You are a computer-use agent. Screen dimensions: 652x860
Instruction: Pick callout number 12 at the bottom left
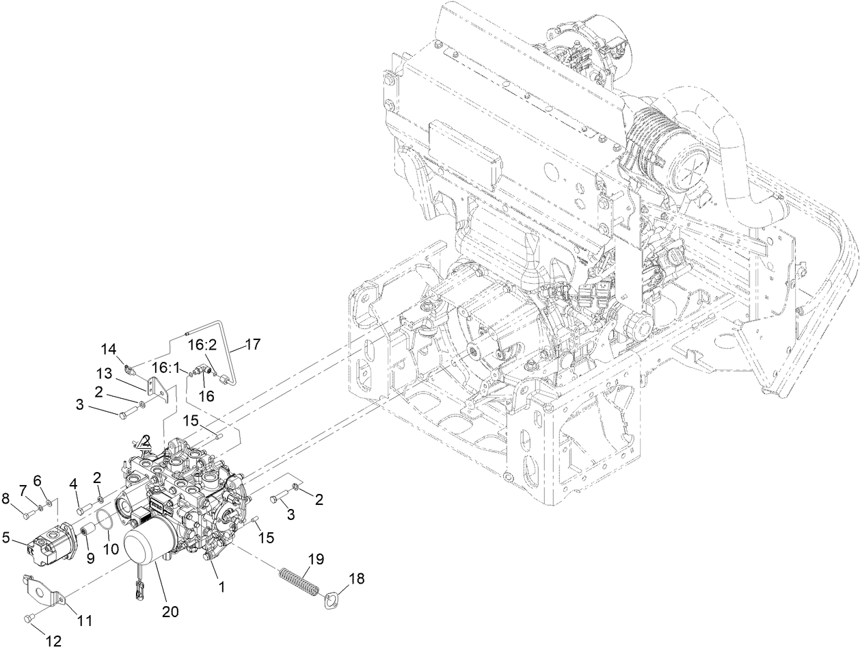click(x=53, y=642)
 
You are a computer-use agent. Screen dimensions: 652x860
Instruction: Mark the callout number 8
click(x=6, y=497)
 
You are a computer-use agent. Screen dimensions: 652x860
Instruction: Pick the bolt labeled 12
click(x=28, y=618)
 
